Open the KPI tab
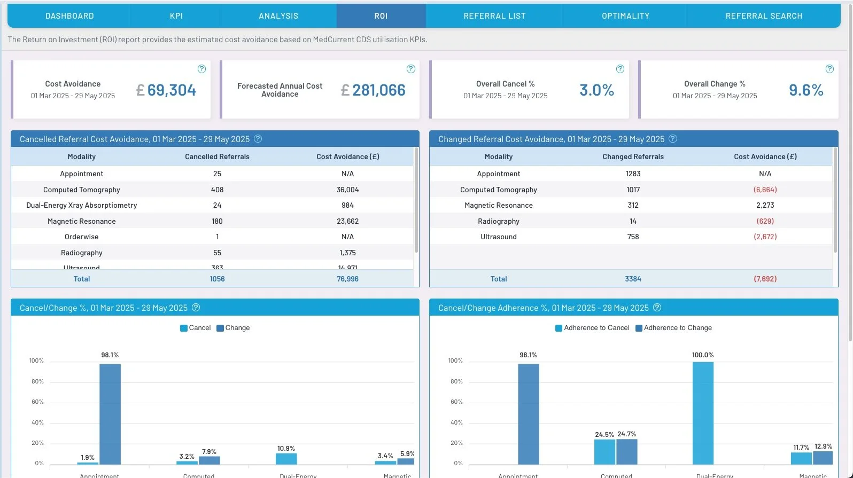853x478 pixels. [176, 16]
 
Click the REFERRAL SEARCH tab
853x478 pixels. [763, 16]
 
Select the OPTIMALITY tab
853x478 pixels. [625, 16]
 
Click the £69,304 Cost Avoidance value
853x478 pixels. [166, 90]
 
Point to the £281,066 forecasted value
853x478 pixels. [374, 90]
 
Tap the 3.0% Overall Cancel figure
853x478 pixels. [596, 90]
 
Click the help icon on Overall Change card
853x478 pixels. [829, 69]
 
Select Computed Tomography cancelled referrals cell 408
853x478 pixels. [217, 190]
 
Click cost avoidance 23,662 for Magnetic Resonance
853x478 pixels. [347, 221]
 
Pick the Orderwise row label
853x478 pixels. [81, 237]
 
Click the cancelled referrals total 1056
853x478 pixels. [217, 279]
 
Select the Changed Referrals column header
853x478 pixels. [633, 156]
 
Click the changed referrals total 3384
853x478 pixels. [633, 279]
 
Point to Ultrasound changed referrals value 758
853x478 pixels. [633, 237]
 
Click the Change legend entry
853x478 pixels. [233, 328]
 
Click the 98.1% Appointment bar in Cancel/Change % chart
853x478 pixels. [110, 414]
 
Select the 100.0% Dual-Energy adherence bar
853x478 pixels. [703, 413]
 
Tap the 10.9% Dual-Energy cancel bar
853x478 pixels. [286, 459]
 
